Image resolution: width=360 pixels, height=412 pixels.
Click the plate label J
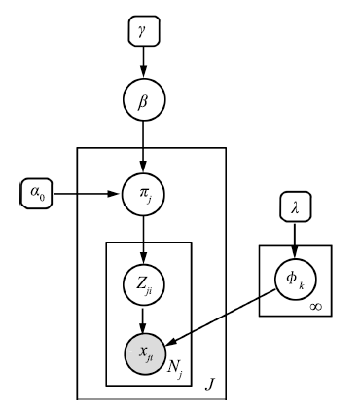[x=210, y=387]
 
